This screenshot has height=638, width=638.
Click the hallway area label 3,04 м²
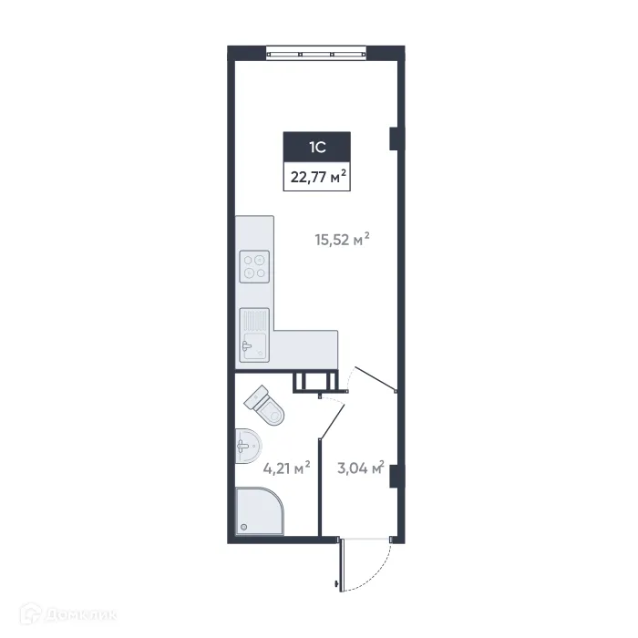coord(358,469)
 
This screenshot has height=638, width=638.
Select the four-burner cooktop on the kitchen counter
coord(254,266)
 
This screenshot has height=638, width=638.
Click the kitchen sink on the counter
coord(253,334)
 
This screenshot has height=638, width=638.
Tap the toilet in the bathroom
coord(266,406)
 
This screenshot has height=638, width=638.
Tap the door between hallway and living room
coord(374,379)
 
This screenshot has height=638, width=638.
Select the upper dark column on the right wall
coord(394,138)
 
